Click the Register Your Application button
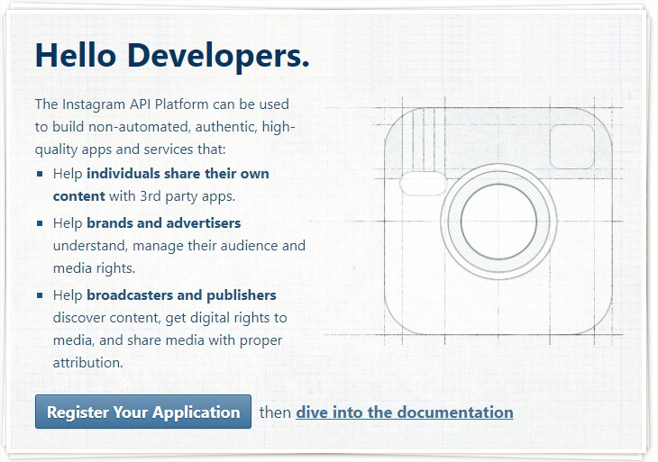tap(143, 412)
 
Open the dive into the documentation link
tap(405, 412)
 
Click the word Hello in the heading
tap(76, 55)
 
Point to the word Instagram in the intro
tap(94, 104)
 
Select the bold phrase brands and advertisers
tap(164, 222)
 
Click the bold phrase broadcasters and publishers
tap(181, 294)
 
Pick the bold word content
tap(79, 196)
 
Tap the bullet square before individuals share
tap(40, 174)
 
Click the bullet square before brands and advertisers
tap(40, 223)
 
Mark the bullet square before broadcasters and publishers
tap(40, 295)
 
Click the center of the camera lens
tap(498, 221)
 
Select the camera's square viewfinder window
tap(571, 146)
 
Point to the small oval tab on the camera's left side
tap(423, 183)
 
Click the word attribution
tap(87, 363)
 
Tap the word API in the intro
tap(140, 104)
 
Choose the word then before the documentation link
tap(275, 412)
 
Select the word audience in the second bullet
tap(249, 245)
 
